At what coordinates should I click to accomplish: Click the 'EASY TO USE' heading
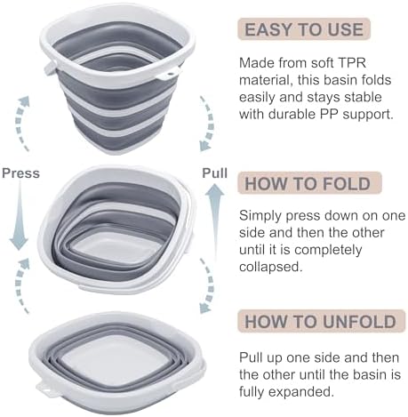[x=304, y=29]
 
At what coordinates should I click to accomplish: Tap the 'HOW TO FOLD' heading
[x=308, y=183]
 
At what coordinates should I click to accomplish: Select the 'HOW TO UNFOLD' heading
[x=321, y=322]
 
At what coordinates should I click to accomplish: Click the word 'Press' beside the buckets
[x=20, y=173]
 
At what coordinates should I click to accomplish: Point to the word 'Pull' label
[x=214, y=173]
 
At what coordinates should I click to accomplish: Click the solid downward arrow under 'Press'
[x=20, y=216]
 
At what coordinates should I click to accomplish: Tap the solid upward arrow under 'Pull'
[x=214, y=220]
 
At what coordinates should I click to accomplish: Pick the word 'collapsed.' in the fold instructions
[x=271, y=267]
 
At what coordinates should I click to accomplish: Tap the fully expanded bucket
[x=117, y=78]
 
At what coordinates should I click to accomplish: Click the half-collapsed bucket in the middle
[x=117, y=229]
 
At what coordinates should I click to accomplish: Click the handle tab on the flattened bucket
[x=46, y=389]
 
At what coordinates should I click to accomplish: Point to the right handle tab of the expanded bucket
[x=168, y=74]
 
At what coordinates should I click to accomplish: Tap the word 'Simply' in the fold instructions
[x=260, y=216]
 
